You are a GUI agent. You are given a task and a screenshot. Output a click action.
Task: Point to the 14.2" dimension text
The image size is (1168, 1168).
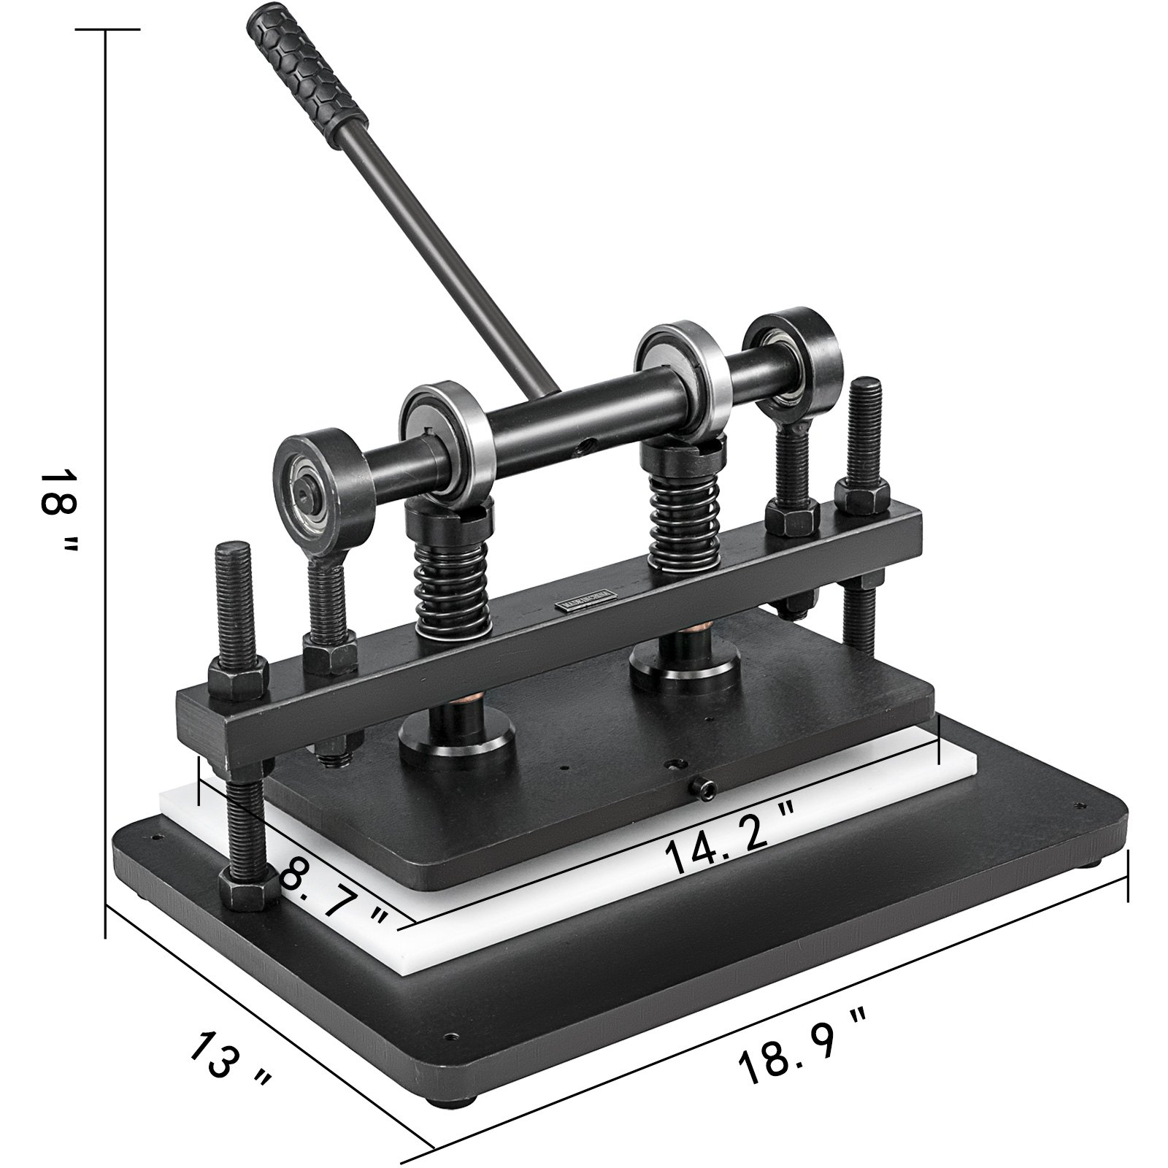tap(730, 847)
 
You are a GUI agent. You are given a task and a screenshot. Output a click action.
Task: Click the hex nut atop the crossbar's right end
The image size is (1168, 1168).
tap(861, 499)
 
